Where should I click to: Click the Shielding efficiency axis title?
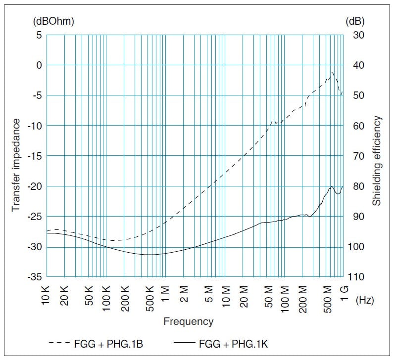pos(377,161)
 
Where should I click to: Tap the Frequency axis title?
pos(189,321)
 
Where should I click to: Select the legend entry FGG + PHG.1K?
pos(232,343)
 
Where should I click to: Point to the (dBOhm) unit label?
pos(53,21)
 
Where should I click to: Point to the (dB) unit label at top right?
pos(355,21)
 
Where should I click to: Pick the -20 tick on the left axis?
pos(36,186)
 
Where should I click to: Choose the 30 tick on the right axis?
pos(358,35)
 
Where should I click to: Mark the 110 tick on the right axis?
pos(360,277)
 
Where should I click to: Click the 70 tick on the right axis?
pos(358,156)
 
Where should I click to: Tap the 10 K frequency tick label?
pos(47,295)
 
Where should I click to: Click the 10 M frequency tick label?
pos(226,295)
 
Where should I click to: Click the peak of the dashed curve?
pos(333,73)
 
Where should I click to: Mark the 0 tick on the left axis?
pos(40,65)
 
